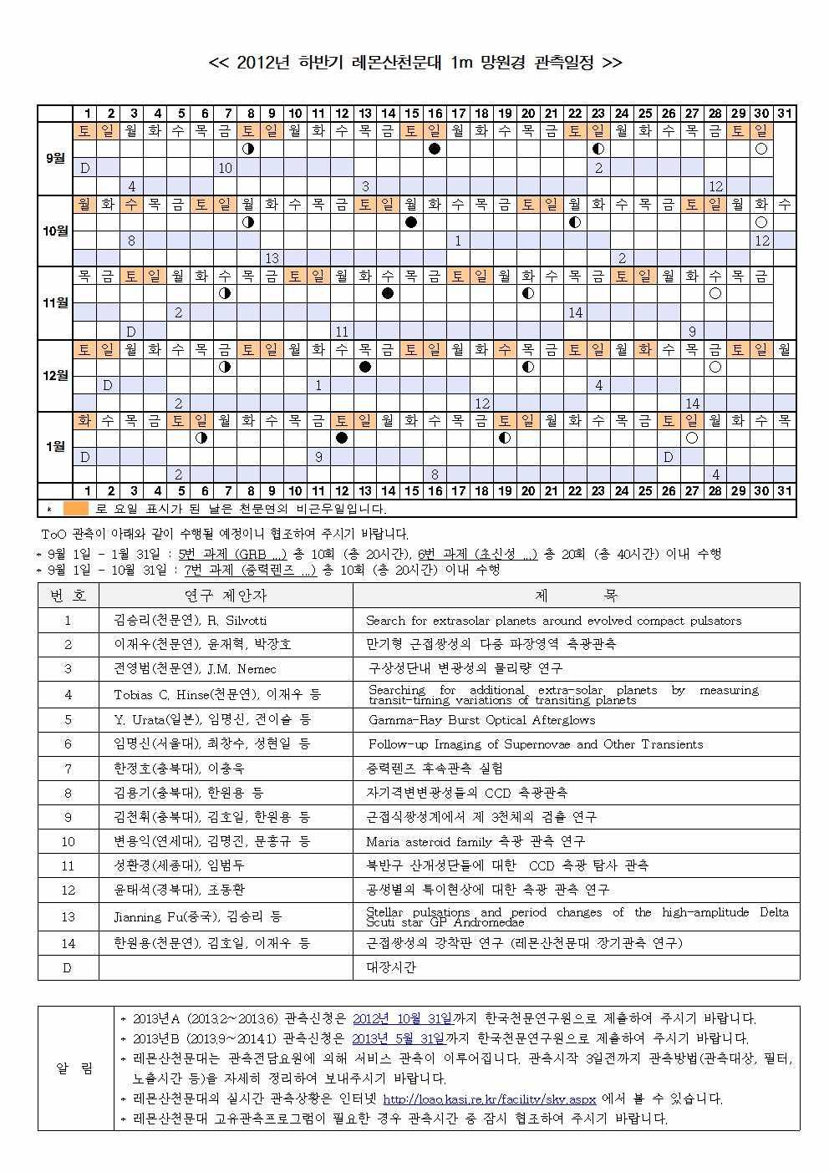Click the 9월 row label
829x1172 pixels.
pyautogui.click(x=55, y=158)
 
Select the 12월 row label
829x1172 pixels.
pyautogui.click(x=55, y=375)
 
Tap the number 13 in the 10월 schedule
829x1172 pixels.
pyautogui.click(x=272, y=258)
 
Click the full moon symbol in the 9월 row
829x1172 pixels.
pyautogui.click(x=760, y=149)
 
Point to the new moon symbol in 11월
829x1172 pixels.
pyautogui.click(x=388, y=293)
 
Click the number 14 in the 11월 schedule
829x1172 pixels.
pyautogui.click(x=575, y=312)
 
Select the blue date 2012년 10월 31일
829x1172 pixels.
pyautogui.click(x=401, y=1018)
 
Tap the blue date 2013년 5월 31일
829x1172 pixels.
pyautogui.click(x=397, y=1038)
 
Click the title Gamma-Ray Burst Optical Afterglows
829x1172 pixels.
pyautogui.click(x=481, y=719)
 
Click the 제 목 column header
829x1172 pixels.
pyautogui.click(x=576, y=596)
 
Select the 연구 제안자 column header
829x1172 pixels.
pyautogui.click(x=226, y=596)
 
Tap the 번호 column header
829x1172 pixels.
pyautogui.click(x=68, y=596)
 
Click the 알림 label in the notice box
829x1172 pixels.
pyautogui.click(x=75, y=1068)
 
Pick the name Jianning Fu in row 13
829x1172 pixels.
pyautogui.click(x=150, y=916)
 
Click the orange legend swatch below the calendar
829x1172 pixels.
pyautogui.click(x=75, y=508)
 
